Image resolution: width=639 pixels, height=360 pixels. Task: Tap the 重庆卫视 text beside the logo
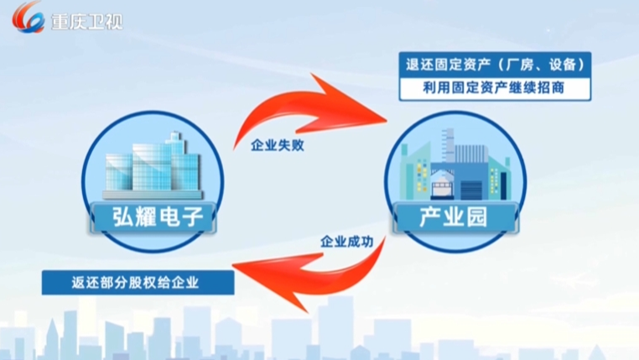(x=87, y=21)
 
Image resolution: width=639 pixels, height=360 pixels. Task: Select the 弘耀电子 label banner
(x=153, y=217)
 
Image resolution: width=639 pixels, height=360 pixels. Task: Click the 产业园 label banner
(x=455, y=217)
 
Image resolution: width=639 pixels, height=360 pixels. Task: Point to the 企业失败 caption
(x=278, y=145)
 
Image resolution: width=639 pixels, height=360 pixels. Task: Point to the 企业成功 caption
(x=347, y=242)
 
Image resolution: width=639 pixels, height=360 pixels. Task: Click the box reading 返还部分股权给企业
(x=138, y=283)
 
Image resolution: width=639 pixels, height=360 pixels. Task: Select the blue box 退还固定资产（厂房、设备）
(x=495, y=65)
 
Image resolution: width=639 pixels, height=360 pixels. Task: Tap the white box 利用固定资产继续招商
(x=495, y=88)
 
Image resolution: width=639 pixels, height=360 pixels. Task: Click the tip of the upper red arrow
(x=387, y=119)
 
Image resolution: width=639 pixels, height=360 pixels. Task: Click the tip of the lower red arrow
(x=232, y=267)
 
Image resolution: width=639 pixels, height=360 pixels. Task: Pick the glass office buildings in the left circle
(x=153, y=166)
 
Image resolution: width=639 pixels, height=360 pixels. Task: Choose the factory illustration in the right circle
(x=455, y=165)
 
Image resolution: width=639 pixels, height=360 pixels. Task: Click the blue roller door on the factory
(x=471, y=190)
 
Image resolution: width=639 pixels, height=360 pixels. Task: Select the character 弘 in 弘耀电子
(x=123, y=217)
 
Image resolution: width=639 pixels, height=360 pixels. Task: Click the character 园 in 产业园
(x=477, y=217)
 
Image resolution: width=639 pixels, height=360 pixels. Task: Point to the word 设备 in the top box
(x=564, y=65)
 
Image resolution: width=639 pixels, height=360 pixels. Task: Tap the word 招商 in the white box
(x=551, y=87)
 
